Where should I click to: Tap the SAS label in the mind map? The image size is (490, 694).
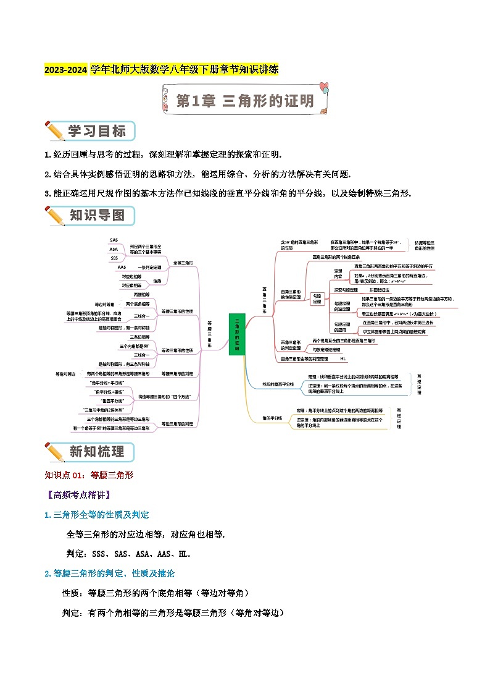point(114,240)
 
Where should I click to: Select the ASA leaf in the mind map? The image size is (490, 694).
point(114,249)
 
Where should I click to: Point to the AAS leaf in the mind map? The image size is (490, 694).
point(121,267)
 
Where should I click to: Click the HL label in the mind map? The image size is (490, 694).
point(343,358)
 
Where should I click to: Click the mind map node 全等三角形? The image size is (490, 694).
point(183,263)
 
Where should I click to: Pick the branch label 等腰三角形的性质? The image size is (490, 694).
point(177,311)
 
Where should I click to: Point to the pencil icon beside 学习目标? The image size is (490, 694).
point(56,132)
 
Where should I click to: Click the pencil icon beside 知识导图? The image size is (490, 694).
point(56,216)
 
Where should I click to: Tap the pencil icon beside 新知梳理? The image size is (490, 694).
point(56,452)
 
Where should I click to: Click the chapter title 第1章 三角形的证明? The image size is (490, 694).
point(245,101)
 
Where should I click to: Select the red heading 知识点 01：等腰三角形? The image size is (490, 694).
point(89,475)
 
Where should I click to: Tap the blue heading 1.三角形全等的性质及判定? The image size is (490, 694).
point(96,514)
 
